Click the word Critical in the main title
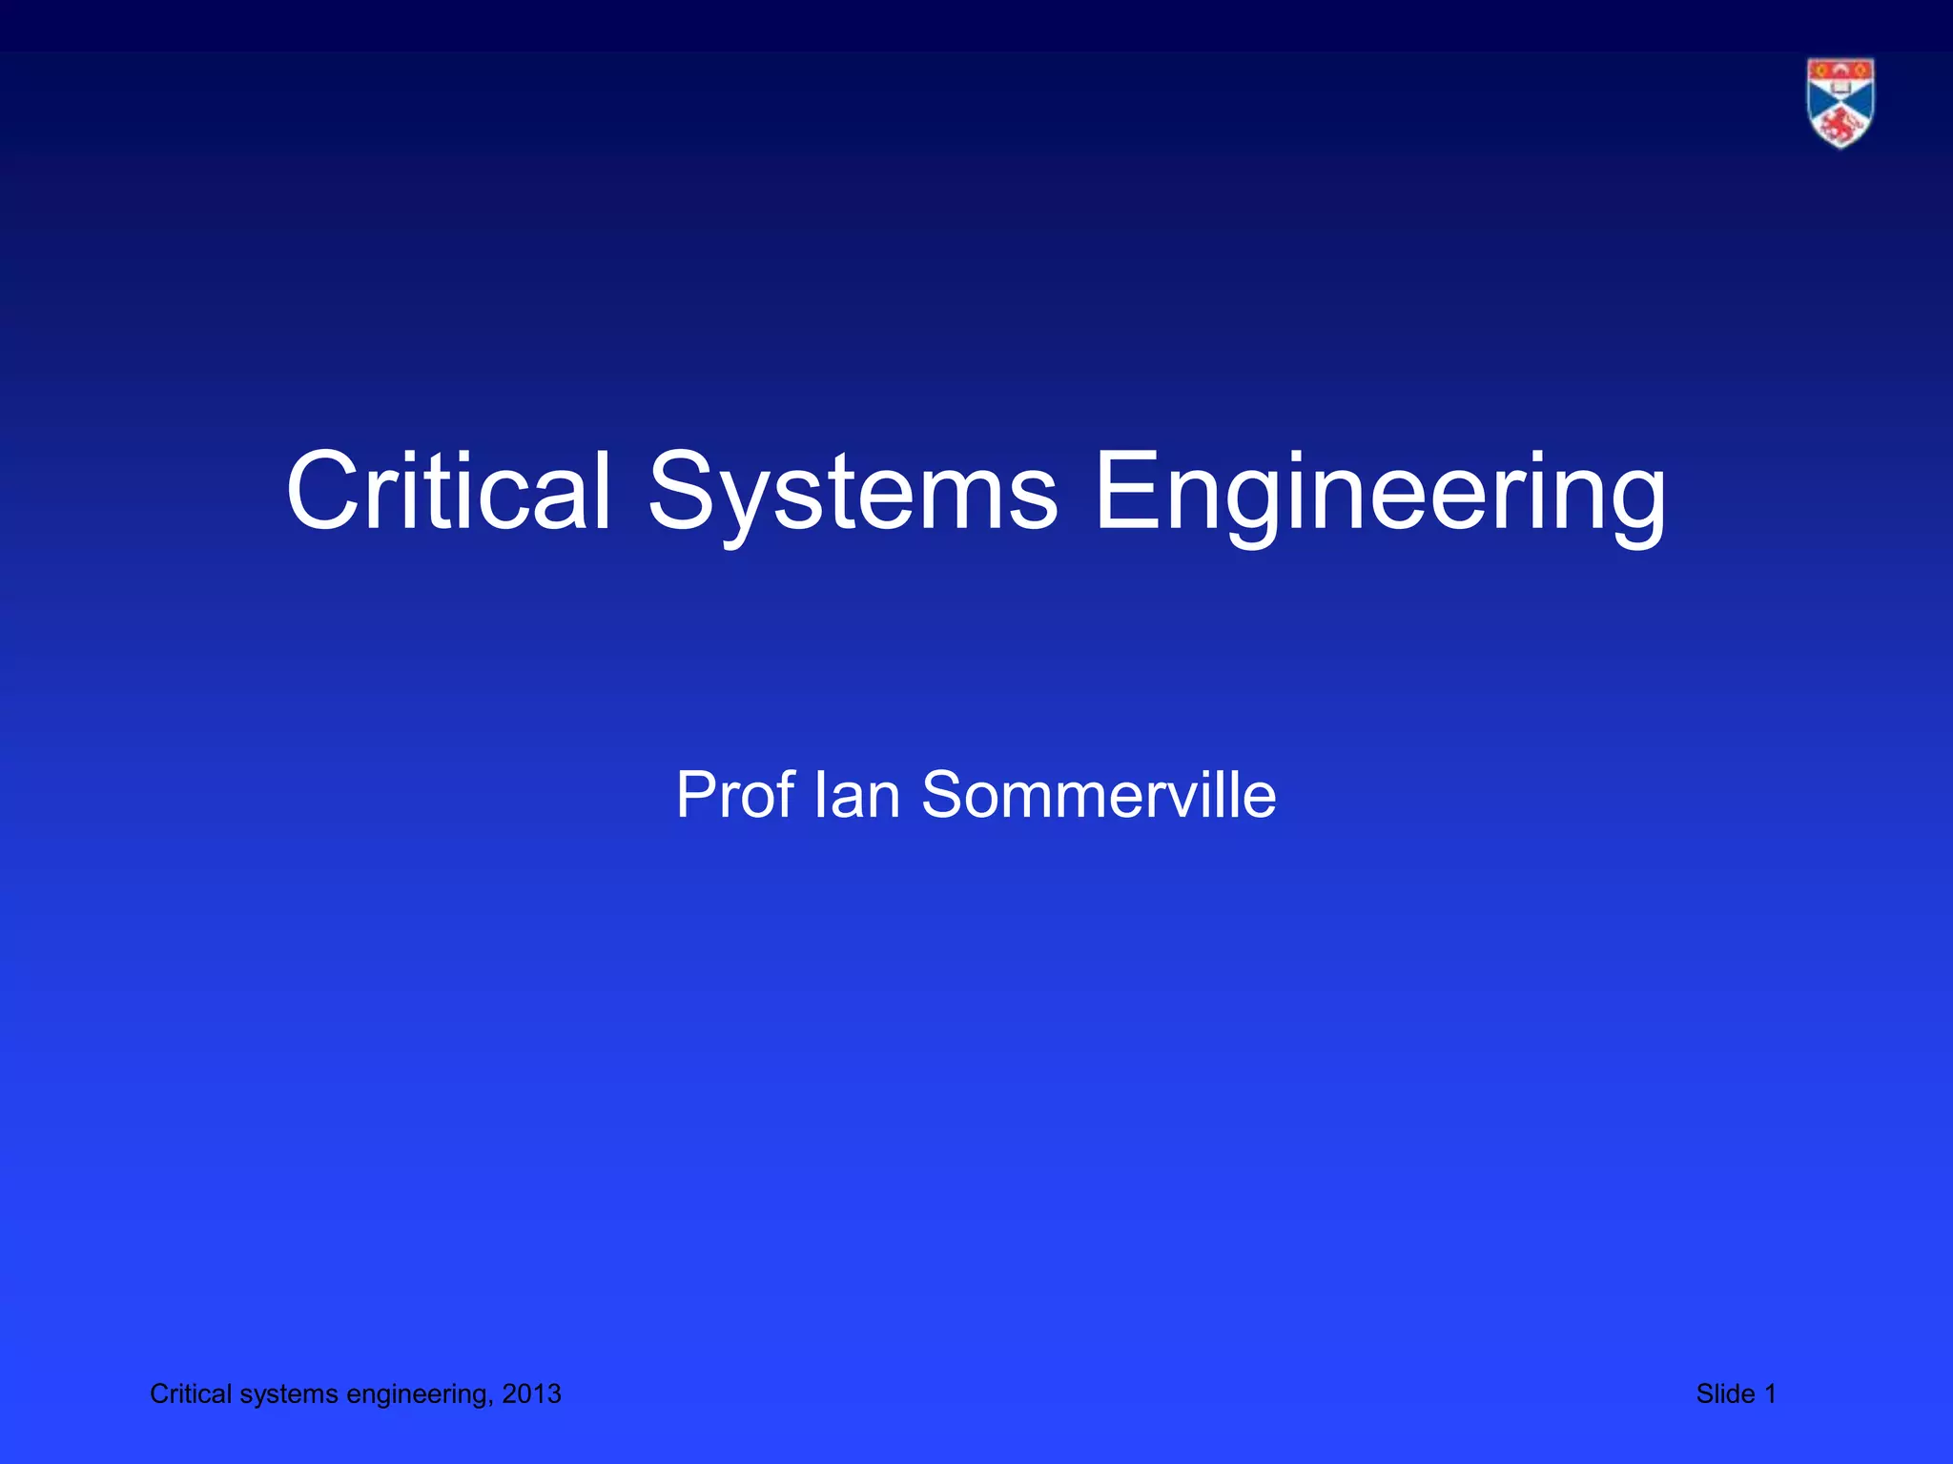(x=448, y=492)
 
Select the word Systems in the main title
(x=853, y=492)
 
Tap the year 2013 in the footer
(x=532, y=1394)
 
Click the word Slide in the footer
(x=1725, y=1394)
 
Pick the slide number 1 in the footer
(x=1770, y=1394)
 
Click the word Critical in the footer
(x=191, y=1394)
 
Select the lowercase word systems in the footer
(x=289, y=1394)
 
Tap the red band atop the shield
(x=1840, y=69)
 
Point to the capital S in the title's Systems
(x=681, y=492)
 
